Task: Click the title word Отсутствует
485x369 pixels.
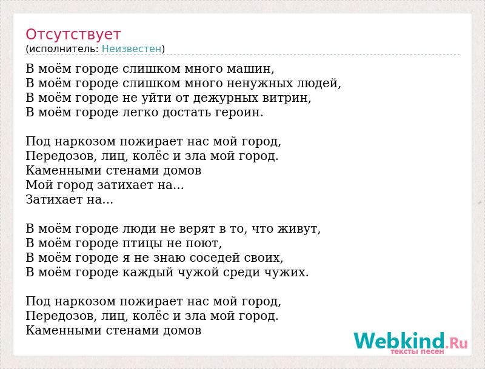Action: [x=73, y=35]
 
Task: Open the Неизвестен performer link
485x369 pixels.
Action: [x=132, y=49]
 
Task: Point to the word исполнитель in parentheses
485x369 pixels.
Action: [x=64, y=49]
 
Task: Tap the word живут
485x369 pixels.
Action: [x=297, y=229]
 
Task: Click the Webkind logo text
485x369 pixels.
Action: [x=399, y=341]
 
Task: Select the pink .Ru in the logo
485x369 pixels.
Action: [x=457, y=343]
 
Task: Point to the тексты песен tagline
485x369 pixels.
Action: [x=417, y=351]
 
